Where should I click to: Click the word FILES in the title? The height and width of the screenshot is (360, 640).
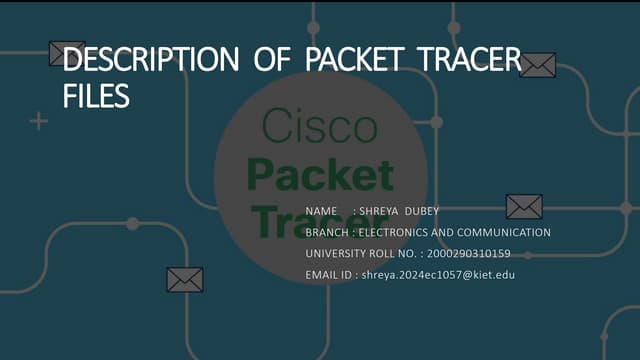point(96,97)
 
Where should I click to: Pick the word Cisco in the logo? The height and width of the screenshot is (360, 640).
point(320,127)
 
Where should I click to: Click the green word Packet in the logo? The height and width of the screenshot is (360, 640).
point(320,174)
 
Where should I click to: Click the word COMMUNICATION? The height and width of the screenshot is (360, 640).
point(504,232)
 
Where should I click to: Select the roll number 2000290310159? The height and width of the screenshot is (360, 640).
point(468,253)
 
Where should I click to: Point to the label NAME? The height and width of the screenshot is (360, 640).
point(321,210)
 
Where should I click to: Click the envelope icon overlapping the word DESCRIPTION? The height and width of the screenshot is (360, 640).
point(67,54)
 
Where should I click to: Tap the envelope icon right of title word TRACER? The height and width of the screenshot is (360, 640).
point(537,65)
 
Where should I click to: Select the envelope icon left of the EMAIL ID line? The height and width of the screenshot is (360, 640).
point(185,279)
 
